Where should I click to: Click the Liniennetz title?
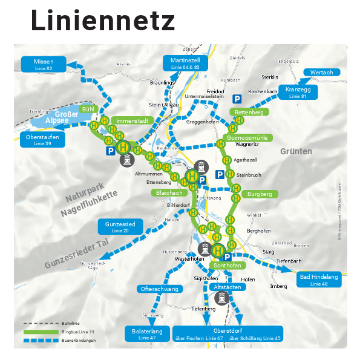pos(103,21)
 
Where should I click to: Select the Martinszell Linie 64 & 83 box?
pos(185,64)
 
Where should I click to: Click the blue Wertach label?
pos(321,73)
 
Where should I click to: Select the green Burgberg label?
pos(260,194)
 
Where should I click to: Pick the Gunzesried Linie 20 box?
pos(120,227)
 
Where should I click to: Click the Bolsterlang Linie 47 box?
pos(147,333)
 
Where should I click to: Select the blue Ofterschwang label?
pos(160,289)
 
